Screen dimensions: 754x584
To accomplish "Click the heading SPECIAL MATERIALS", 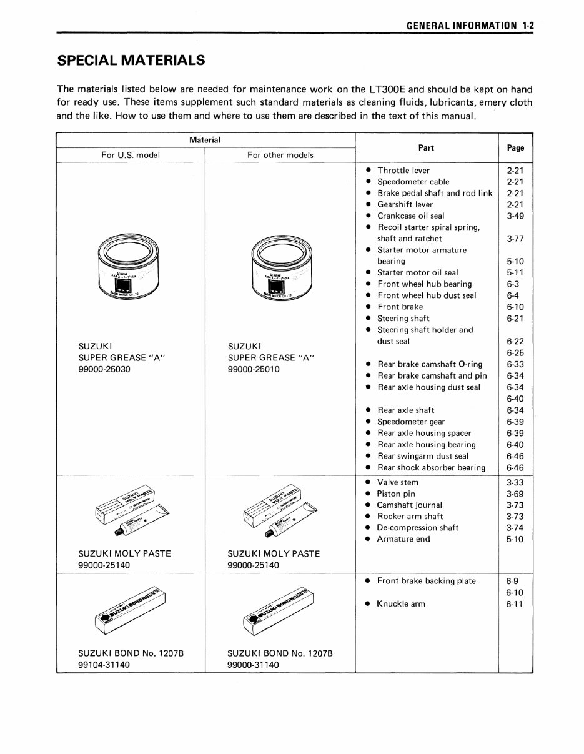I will click(x=131, y=61).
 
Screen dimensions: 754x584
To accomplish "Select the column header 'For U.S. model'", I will click(x=131, y=155).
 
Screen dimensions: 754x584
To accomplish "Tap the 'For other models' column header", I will click(x=280, y=155).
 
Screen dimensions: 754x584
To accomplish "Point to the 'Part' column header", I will click(x=427, y=148).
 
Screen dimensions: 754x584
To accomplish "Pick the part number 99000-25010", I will click(x=254, y=369).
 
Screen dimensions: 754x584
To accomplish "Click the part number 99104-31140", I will click(x=104, y=665).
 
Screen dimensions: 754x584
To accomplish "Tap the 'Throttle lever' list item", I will click(x=403, y=171).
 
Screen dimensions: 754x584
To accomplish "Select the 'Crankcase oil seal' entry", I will click(x=410, y=216).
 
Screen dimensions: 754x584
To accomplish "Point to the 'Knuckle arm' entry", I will click(x=400, y=604).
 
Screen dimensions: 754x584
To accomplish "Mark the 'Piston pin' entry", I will click(x=395, y=494).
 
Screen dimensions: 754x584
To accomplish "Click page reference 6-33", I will click(x=515, y=364).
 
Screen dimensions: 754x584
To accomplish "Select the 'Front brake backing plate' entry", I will click(x=426, y=581).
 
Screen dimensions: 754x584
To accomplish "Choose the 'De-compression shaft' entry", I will click(x=417, y=528).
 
